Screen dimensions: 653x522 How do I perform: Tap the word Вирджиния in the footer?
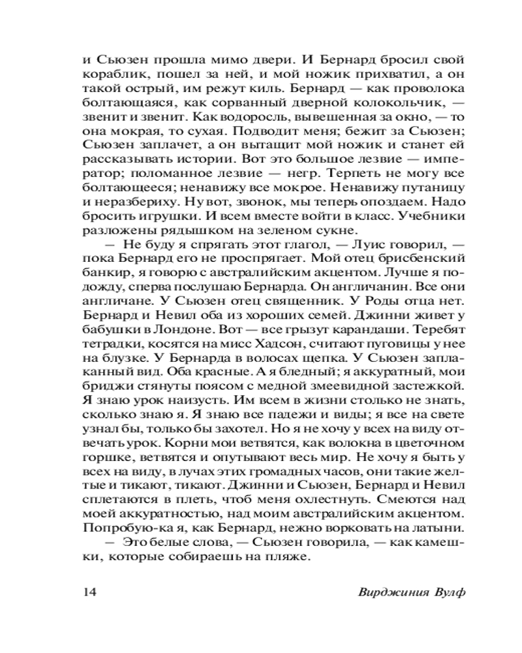click(390, 592)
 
